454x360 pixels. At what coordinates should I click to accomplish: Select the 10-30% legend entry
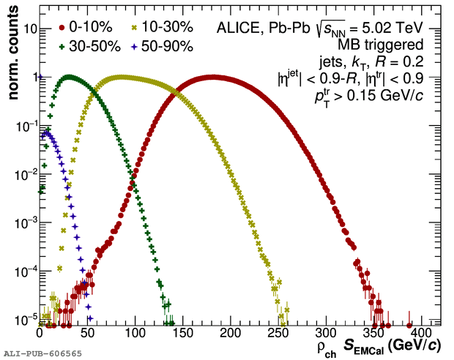tap(167, 27)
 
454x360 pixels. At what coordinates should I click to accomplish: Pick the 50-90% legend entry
tap(167, 46)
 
